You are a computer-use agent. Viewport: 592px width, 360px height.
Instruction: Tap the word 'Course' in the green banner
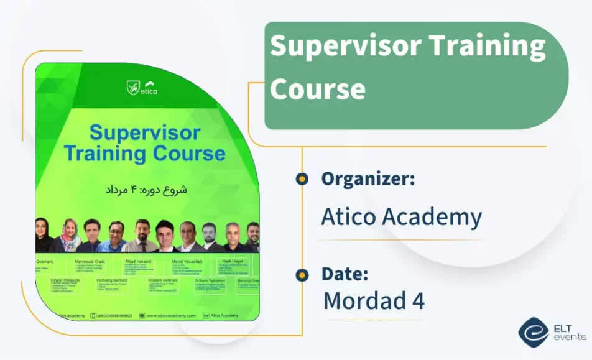point(317,88)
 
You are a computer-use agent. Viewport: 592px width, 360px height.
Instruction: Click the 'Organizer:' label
point(368,179)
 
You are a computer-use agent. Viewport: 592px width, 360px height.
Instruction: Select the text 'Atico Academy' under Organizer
point(401,217)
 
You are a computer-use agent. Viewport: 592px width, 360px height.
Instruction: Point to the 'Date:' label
point(345,274)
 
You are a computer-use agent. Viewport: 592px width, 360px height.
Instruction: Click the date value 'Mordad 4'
point(374,301)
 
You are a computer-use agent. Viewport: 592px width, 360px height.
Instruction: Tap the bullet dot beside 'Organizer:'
point(302,180)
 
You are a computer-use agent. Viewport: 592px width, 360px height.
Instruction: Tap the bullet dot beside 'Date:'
point(302,274)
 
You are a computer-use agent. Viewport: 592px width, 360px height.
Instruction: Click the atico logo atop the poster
point(142,88)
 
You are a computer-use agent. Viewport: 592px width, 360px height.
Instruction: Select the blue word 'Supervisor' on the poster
point(144,132)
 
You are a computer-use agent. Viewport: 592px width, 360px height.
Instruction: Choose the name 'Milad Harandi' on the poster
point(139,262)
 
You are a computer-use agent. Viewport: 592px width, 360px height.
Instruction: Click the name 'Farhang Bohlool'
point(112,280)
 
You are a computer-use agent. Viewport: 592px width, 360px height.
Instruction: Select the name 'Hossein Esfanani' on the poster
point(164,280)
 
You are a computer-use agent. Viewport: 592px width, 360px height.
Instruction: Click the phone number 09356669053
point(114,316)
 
